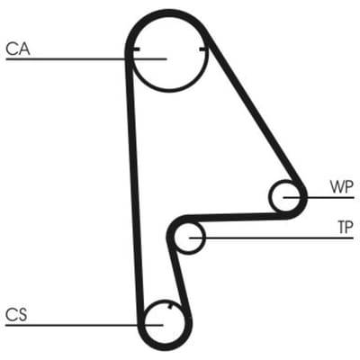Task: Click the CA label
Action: tap(18, 49)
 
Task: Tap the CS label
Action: tap(16, 315)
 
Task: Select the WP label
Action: tap(342, 186)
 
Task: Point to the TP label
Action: tap(346, 227)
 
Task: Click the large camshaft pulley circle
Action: tap(169, 90)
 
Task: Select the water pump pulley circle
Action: tap(270, 196)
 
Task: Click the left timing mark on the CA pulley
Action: tap(136, 49)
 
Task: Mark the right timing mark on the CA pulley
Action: tap(203, 49)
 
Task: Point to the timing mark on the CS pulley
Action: tap(170, 306)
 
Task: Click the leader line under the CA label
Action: tap(86, 59)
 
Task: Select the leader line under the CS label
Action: tap(85, 325)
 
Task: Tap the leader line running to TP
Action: tap(272, 238)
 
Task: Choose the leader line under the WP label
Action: tap(319, 197)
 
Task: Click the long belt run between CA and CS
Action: tap(134, 186)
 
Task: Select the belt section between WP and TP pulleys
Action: tap(234, 218)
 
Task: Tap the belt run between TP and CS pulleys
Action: tap(179, 277)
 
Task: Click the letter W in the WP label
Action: tap(337, 186)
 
